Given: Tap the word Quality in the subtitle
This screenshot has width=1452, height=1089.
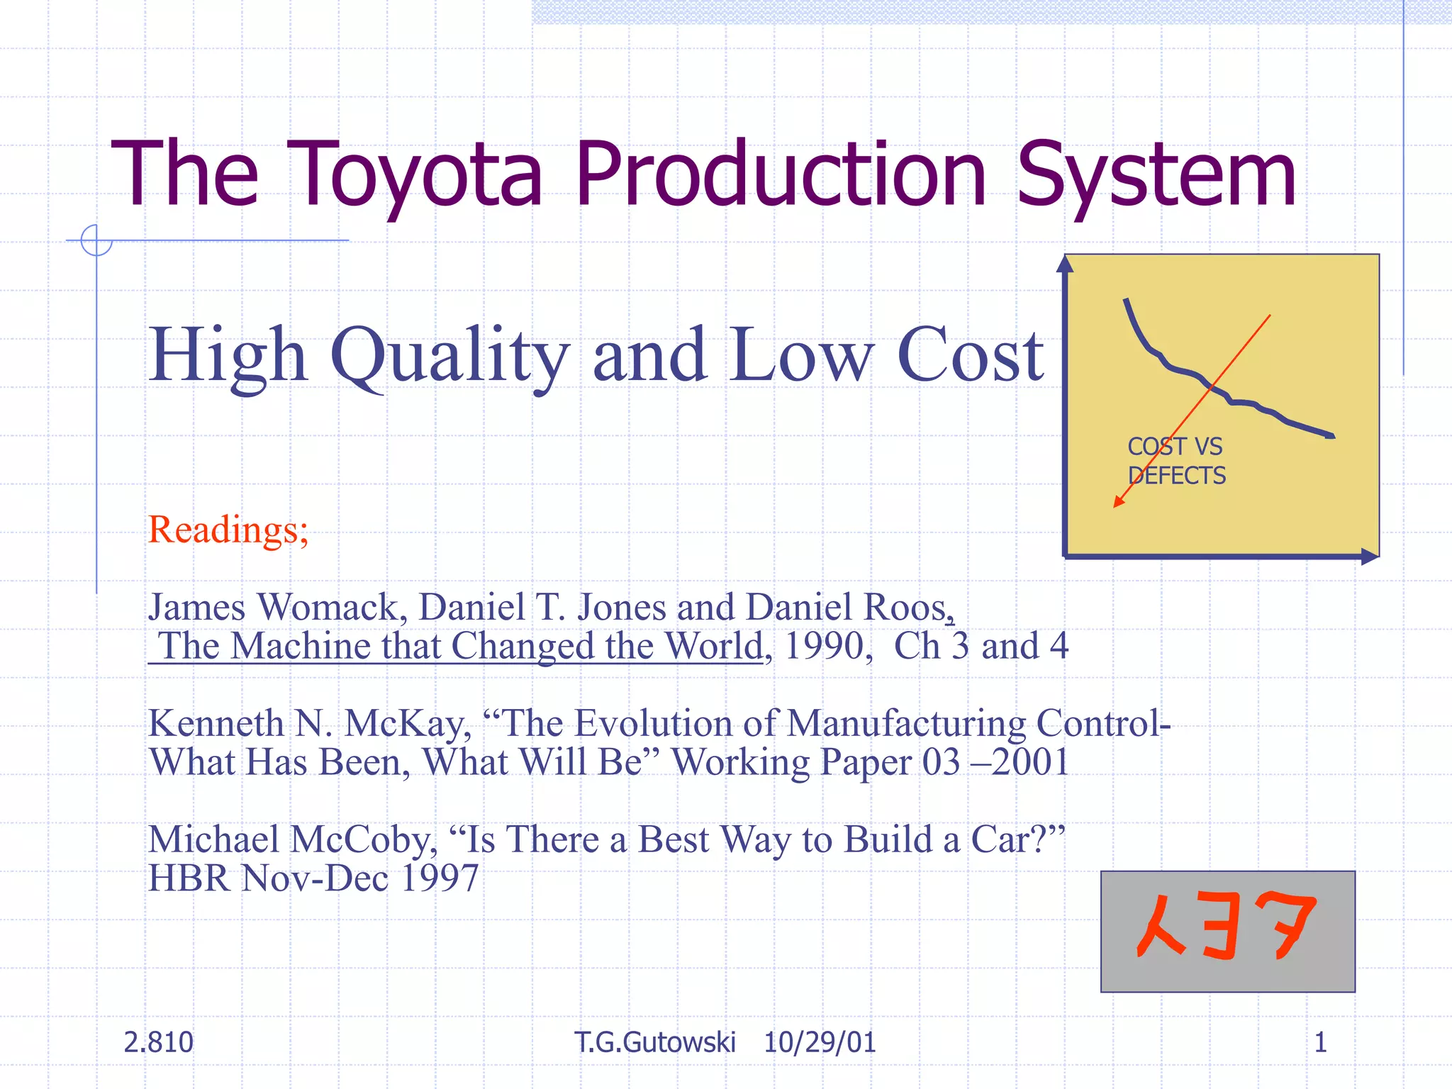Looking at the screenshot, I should (450, 354).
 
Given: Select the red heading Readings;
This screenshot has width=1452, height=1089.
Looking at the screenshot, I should (228, 530).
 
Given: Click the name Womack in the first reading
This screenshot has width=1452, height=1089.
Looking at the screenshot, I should (330, 608).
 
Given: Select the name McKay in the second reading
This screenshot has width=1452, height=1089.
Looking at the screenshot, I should (408, 724).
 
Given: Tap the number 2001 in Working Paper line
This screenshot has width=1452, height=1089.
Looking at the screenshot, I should (1029, 763).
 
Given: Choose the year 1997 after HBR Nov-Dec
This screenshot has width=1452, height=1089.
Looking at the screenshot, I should (440, 878).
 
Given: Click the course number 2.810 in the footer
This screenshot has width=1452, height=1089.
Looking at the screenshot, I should (158, 1042).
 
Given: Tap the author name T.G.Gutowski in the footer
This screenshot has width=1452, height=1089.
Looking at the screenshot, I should (655, 1042).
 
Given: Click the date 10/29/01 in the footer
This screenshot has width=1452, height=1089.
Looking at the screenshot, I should (820, 1042).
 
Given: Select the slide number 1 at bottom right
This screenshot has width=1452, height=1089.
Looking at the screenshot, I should (1320, 1042).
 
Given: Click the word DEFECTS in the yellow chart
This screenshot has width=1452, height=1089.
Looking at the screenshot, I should (1176, 476).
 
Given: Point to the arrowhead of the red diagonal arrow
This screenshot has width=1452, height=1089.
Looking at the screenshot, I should (1118, 503).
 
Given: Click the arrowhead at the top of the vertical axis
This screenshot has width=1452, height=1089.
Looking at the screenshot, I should (1065, 264).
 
